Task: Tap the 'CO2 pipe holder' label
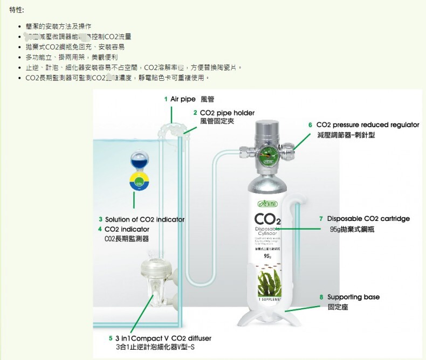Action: pyautogui.click(x=226, y=113)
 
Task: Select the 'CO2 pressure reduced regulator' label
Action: pyautogui.click(x=367, y=124)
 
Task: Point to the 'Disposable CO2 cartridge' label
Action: pyautogui.click(x=368, y=219)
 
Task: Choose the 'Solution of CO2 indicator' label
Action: pyautogui.click(x=144, y=219)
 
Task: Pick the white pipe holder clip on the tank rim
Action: pyautogui.click(x=172, y=130)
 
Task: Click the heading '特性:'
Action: pyautogui.click(x=16, y=10)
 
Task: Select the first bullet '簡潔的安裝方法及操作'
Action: pyautogui.click(x=58, y=26)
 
